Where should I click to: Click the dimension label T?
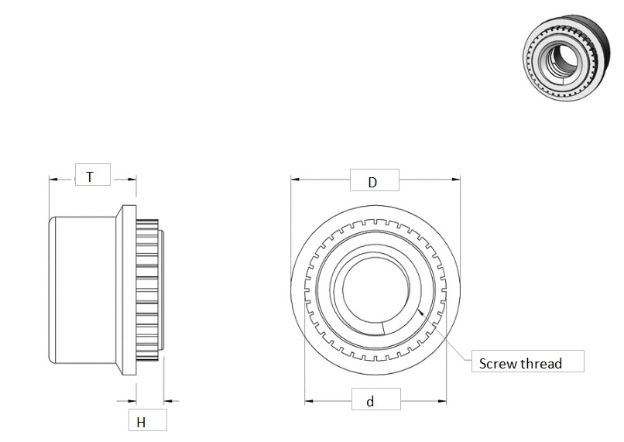90,176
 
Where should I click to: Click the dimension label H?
141,422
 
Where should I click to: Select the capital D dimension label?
372,182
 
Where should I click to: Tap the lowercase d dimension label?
370,402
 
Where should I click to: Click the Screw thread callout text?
519,363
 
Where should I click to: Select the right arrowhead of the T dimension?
132,178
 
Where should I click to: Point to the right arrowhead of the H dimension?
168,401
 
